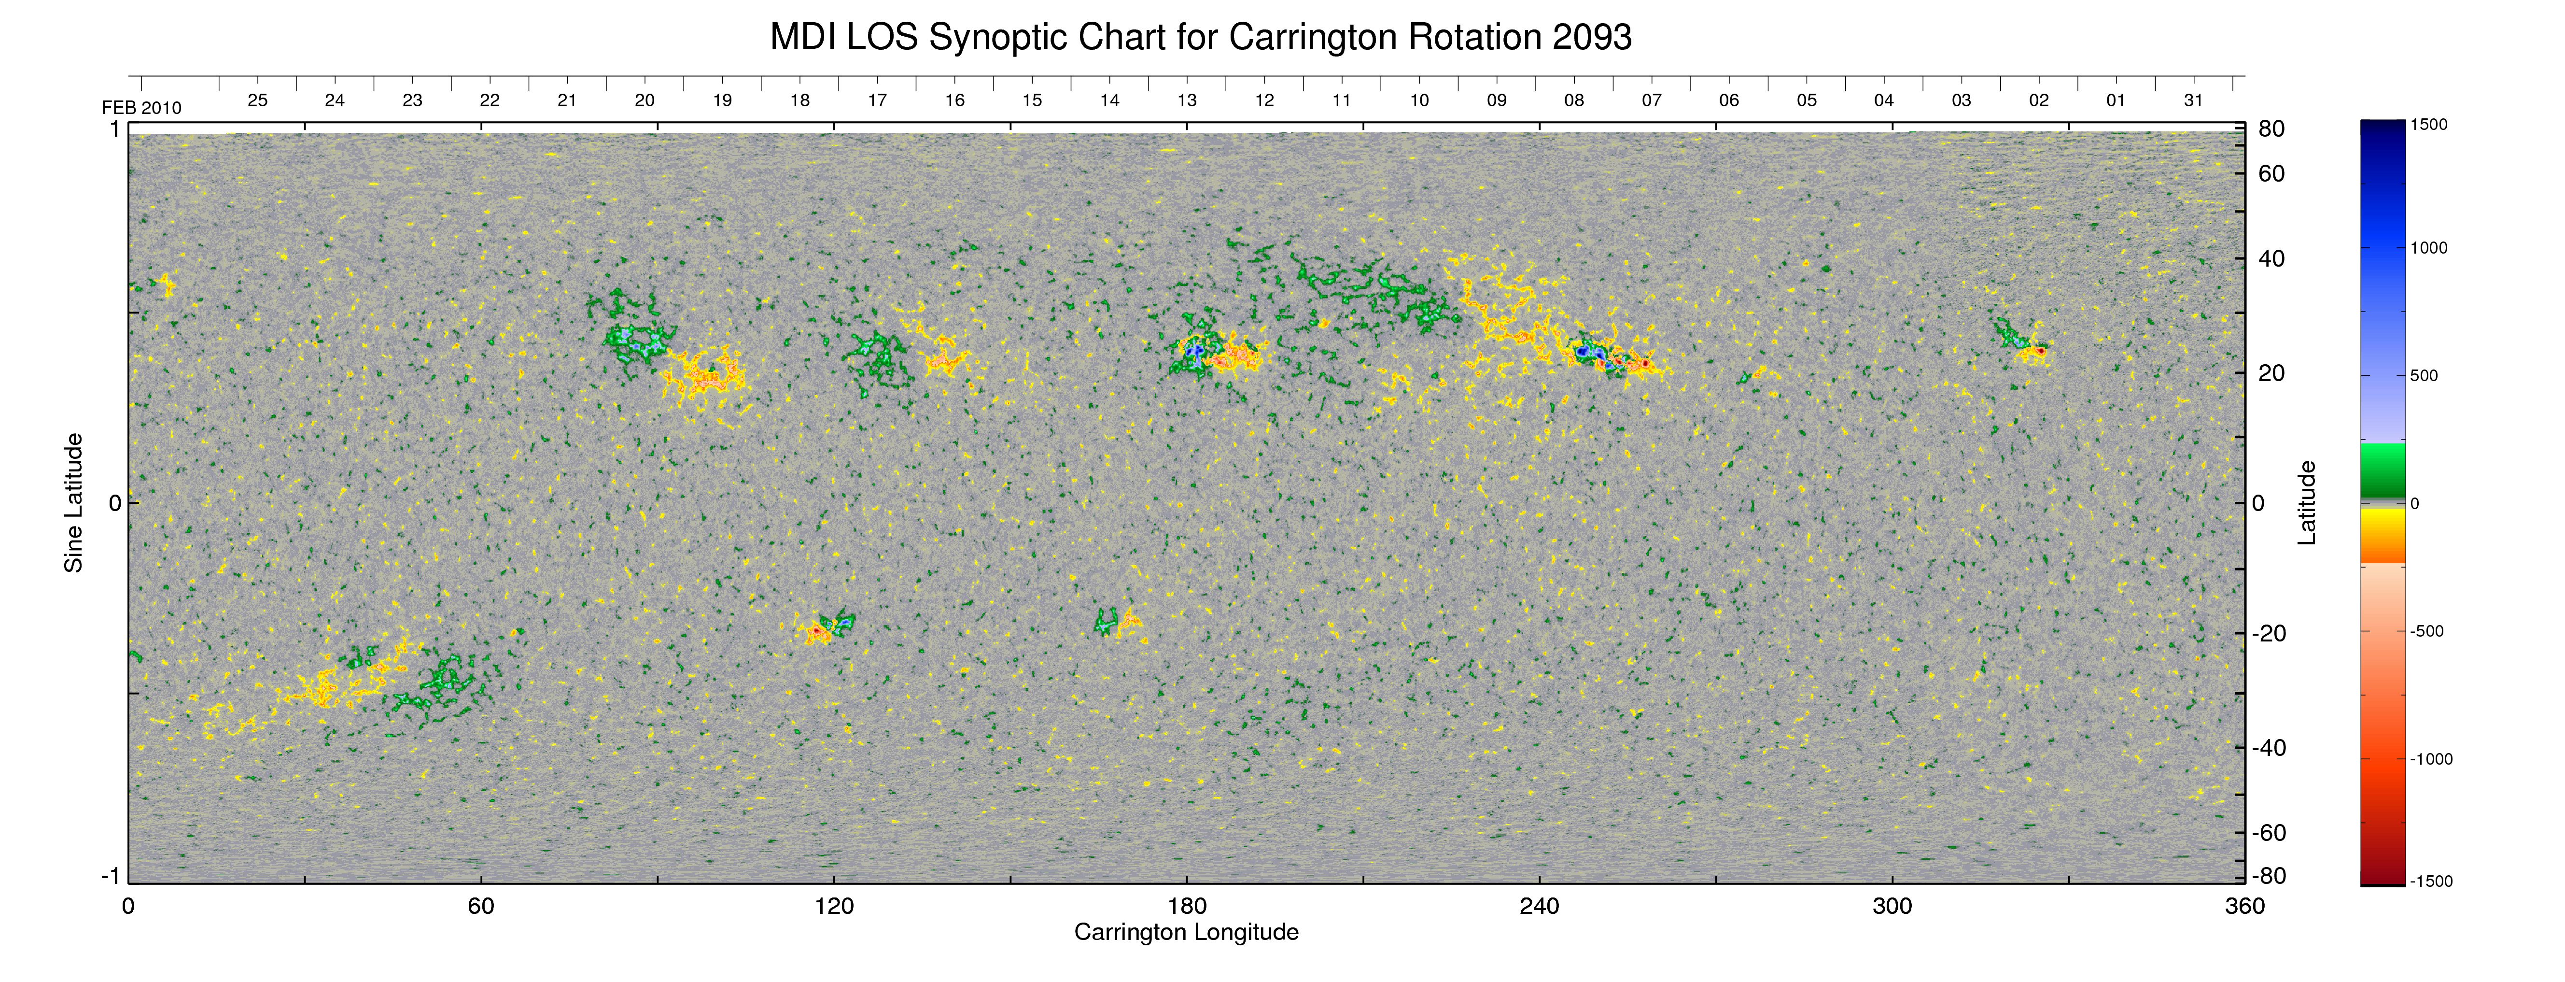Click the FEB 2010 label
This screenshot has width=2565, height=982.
[x=141, y=108]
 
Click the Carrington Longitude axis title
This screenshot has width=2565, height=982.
[x=1186, y=932]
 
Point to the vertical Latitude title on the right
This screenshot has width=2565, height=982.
[x=2306, y=503]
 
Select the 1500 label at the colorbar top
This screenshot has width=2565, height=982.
[x=2428, y=125]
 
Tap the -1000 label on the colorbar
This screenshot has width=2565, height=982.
[x=2431, y=759]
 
